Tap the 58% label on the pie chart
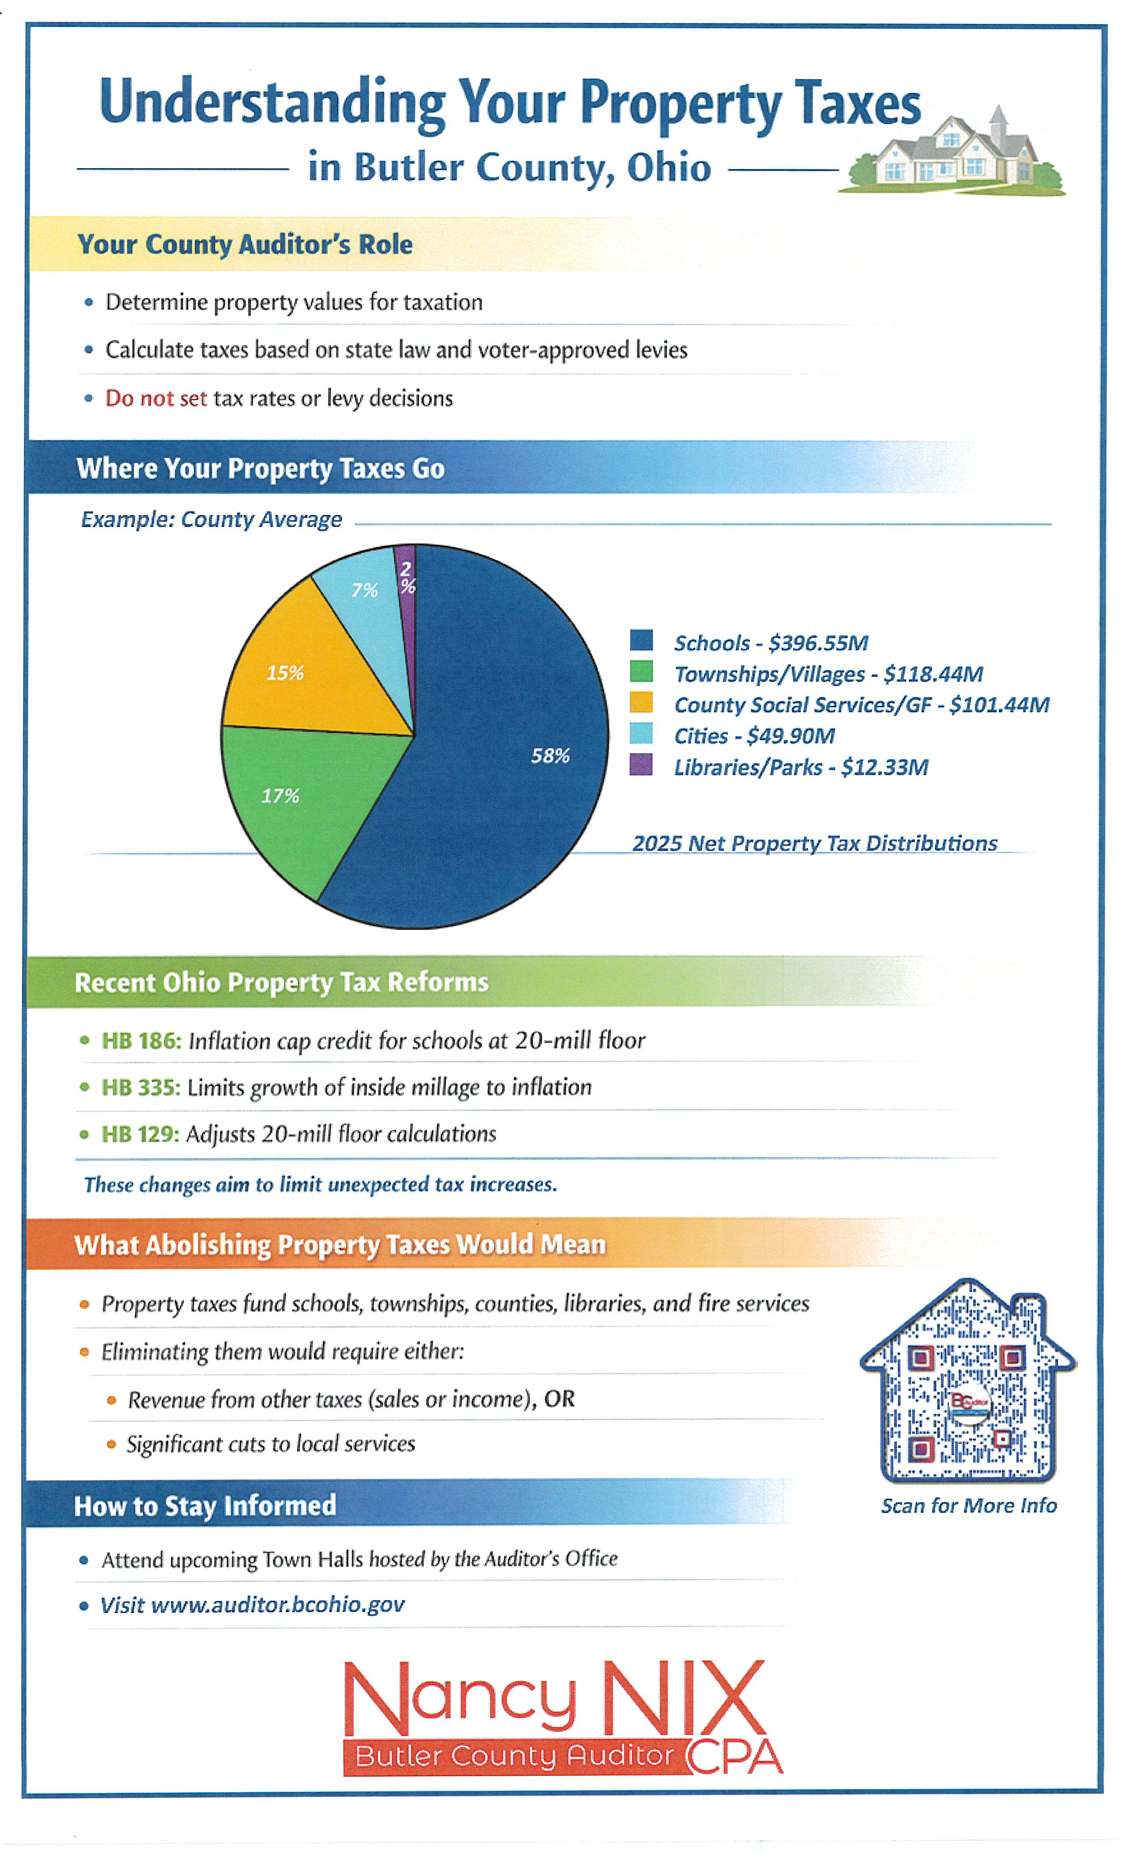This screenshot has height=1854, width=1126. point(550,755)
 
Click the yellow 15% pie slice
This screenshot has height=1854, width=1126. point(301,677)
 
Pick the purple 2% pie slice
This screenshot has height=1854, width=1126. point(406,579)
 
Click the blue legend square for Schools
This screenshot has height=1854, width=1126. point(641,641)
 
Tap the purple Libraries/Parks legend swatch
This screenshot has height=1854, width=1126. point(641,765)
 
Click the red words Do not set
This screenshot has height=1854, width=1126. point(156,398)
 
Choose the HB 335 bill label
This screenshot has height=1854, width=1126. point(141,1087)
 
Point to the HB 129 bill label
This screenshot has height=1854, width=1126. point(140,1134)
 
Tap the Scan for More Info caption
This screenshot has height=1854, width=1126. point(969,1506)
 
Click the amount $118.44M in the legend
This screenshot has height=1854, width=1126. point(933,674)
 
